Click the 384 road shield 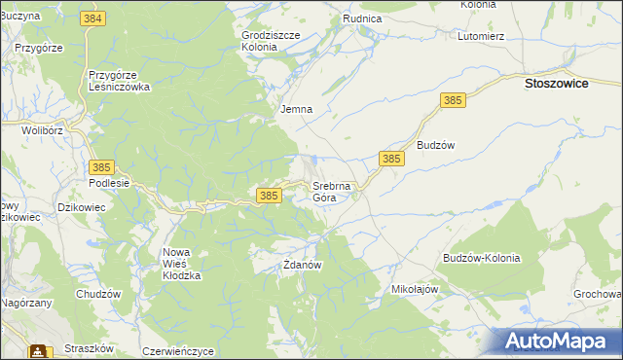click(x=93, y=19)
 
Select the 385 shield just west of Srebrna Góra click(x=271, y=196)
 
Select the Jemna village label click(x=296, y=109)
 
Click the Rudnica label click(x=361, y=18)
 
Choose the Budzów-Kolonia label click(x=481, y=259)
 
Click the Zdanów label click(x=302, y=264)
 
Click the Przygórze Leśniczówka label click(x=118, y=80)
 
